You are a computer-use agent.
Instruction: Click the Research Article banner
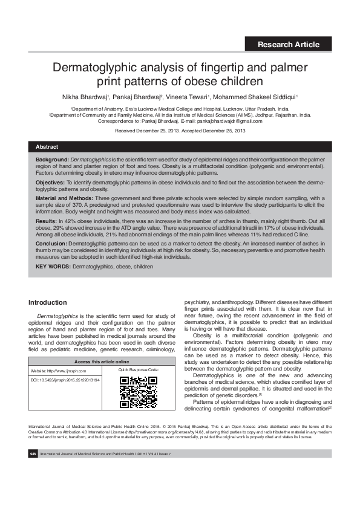(x=288, y=44)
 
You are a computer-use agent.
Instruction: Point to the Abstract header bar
(x=180, y=147)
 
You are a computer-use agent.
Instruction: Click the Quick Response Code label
(x=139, y=370)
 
